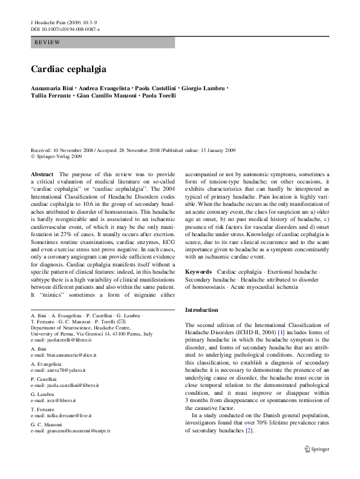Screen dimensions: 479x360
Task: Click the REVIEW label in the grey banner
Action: [x=47, y=44]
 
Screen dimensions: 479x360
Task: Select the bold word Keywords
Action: [x=198, y=273]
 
